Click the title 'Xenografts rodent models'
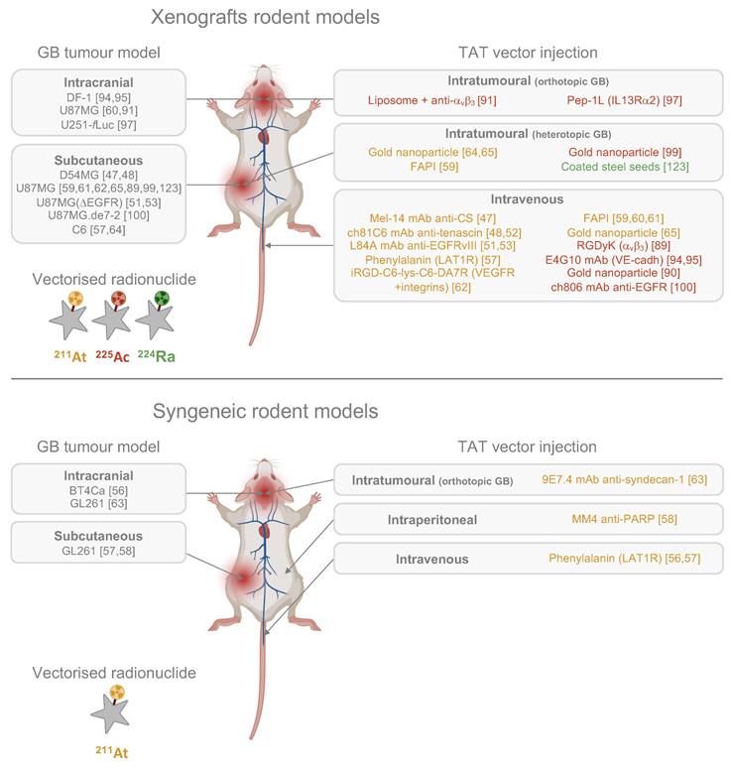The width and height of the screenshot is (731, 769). [265, 17]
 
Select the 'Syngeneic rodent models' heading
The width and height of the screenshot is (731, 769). [265, 411]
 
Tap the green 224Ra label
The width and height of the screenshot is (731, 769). [156, 355]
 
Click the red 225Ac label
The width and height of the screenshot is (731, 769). [113, 355]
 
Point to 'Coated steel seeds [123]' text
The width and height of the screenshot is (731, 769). [625, 167]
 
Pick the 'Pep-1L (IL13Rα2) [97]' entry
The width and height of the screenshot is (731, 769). [624, 100]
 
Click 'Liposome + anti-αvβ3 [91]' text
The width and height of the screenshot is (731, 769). [431, 100]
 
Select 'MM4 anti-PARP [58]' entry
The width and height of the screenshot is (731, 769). [624, 519]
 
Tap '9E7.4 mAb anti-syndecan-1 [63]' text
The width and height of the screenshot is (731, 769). [624, 479]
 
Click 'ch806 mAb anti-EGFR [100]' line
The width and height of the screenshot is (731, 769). [623, 287]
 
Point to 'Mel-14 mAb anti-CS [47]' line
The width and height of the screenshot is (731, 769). [432, 218]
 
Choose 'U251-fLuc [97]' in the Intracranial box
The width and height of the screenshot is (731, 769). [98, 125]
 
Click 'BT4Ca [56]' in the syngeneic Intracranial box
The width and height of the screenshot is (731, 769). [98, 490]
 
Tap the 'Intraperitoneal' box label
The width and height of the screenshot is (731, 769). [431, 520]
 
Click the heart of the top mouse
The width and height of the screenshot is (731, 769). [264, 135]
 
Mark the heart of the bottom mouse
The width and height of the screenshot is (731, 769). [264, 530]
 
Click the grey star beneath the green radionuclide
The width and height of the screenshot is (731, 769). [155, 321]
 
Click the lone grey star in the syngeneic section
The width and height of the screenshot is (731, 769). [110, 714]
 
